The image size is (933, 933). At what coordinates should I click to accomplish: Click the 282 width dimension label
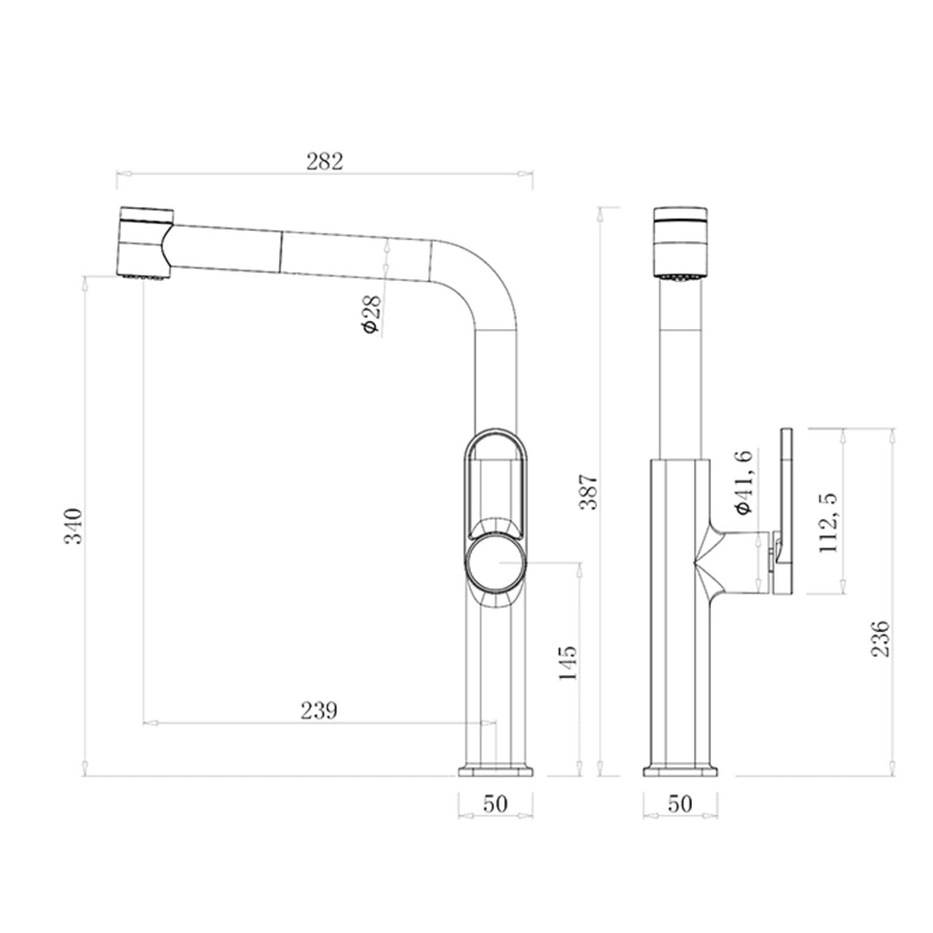(x=325, y=162)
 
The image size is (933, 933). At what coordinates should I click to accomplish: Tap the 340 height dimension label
(x=73, y=526)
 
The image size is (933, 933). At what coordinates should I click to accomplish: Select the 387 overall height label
(x=589, y=492)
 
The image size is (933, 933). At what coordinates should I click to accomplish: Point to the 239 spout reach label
(x=319, y=710)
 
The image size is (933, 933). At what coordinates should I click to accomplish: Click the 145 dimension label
(x=567, y=662)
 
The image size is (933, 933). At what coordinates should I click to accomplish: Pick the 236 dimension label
(x=881, y=639)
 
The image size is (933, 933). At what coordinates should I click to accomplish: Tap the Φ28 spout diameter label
(x=371, y=314)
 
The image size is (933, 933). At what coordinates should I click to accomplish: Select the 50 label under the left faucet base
(x=495, y=804)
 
